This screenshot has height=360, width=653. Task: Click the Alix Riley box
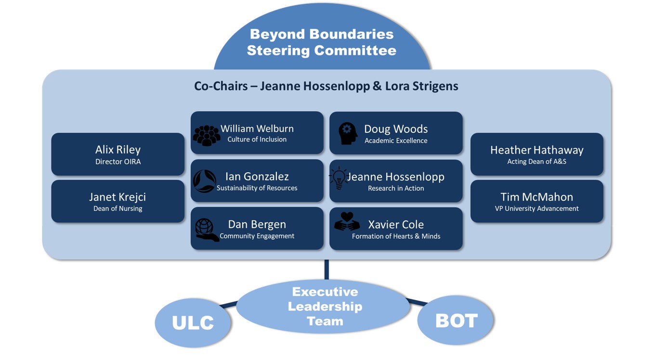coord(118,154)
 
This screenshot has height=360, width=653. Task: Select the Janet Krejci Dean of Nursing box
coord(118,201)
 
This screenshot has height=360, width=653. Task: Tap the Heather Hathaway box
coord(536,154)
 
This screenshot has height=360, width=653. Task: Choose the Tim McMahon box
coord(536,201)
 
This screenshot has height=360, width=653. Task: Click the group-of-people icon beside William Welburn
coord(207,135)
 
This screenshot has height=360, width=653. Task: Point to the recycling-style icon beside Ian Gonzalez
coord(204,181)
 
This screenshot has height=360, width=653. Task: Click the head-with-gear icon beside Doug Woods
coord(347,133)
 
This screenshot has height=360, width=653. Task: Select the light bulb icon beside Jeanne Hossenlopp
coord(339,178)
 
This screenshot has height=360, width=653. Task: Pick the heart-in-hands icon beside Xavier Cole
coord(347,223)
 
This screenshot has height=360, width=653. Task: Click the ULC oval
coord(193,322)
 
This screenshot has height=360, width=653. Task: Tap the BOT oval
coord(456,321)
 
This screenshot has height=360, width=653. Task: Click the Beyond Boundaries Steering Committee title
coord(321,42)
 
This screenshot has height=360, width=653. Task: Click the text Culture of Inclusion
coord(257,140)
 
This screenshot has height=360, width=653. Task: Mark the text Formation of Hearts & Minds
coord(396,236)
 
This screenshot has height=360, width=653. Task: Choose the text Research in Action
coord(396,189)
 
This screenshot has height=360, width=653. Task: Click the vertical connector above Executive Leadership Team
coord(326,270)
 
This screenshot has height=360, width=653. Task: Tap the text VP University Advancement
coord(536,209)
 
